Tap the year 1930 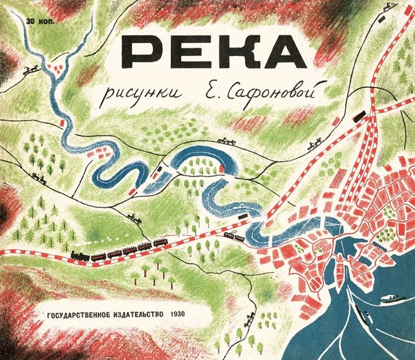click(194, 313)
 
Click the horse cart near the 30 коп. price click(30, 69)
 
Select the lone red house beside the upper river click(64, 123)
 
